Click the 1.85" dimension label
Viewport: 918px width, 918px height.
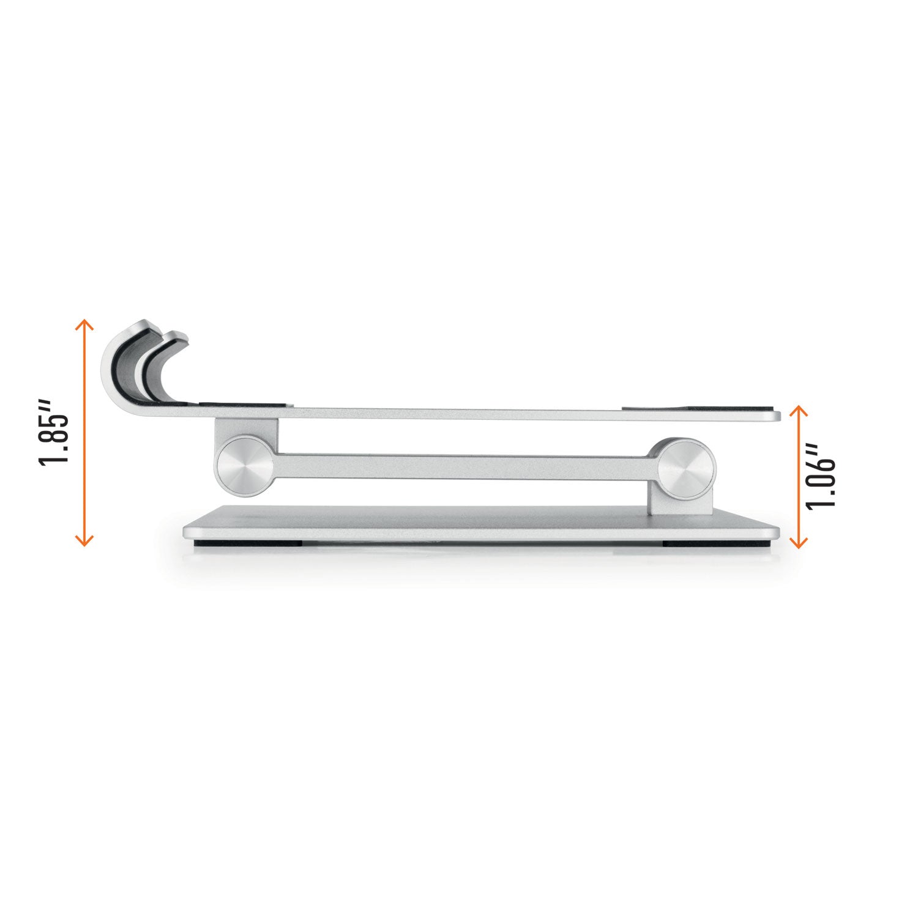click(54, 432)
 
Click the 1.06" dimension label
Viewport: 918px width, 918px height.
click(821, 476)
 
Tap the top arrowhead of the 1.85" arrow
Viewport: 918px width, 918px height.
click(84, 324)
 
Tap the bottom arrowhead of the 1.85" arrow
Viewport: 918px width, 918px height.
click(84, 540)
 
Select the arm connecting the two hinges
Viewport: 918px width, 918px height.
click(465, 466)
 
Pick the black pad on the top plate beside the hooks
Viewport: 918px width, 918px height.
click(242, 405)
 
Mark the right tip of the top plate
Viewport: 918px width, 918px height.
click(778, 416)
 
